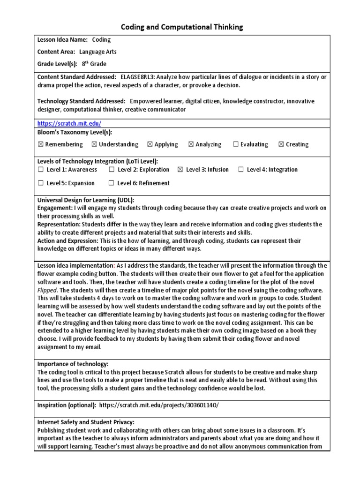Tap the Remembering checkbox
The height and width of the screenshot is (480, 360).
[x=40, y=144]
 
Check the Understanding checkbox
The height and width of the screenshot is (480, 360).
[x=95, y=144]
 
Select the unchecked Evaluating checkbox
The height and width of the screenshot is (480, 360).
[x=236, y=144]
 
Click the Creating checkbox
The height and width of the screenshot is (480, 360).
[x=281, y=144]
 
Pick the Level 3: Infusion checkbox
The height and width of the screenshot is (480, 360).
[x=181, y=170]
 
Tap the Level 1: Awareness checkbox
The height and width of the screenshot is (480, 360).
[x=41, y=170]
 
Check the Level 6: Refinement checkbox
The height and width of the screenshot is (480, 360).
[x=112, y=183]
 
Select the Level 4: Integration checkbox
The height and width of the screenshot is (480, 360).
[x=241, y=170]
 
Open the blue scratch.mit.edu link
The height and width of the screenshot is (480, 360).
[x=69, y=123]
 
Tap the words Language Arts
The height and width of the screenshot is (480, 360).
[x=98, y=52]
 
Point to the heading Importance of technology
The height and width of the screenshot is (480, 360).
[x=73, y=364]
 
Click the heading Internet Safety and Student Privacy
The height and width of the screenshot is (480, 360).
[x=86, y=422]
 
